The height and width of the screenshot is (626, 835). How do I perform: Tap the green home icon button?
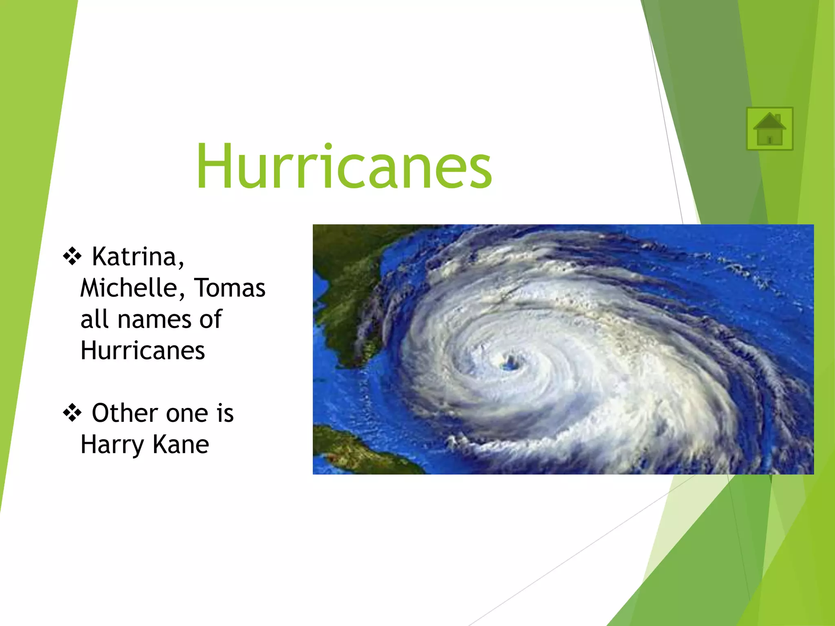(769, 129)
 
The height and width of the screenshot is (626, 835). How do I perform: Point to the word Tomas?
(229, 288)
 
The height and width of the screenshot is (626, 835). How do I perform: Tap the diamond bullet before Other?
(72, 413)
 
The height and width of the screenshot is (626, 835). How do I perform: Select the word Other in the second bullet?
(124, 413)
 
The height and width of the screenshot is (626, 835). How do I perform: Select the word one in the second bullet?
(187, 414)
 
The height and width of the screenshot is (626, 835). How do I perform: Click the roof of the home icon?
(769, 121)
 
